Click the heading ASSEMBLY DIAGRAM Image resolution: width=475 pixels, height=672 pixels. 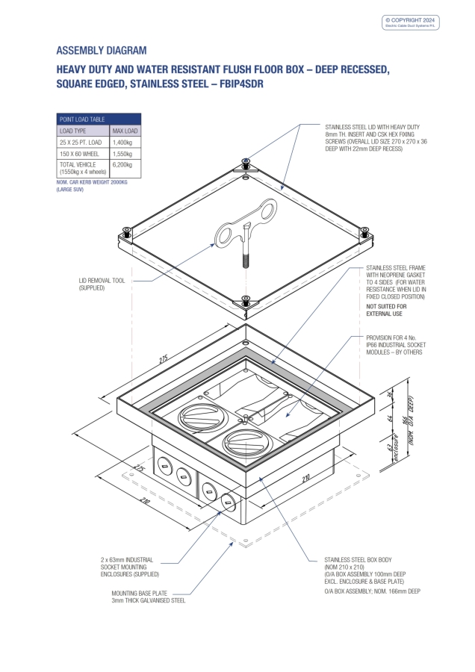coord(102,51)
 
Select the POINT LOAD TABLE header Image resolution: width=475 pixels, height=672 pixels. coord(82,119)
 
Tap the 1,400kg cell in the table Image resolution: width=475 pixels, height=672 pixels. coord(122,142)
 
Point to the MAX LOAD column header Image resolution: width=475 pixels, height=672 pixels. coord(123,131)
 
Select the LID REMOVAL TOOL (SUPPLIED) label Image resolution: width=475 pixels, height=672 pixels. coord(102,284)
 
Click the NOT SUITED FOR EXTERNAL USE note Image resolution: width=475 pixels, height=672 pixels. coord(387,310)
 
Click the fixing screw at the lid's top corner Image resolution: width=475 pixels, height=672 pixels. coord(246,162)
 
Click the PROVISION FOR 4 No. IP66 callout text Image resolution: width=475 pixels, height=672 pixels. coord(394,344)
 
